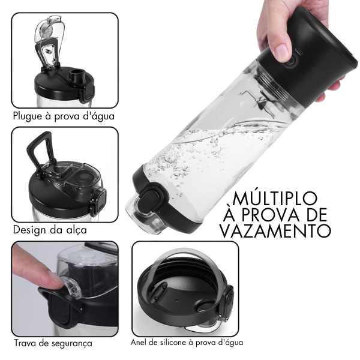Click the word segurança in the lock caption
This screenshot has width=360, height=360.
[x=71, y=344]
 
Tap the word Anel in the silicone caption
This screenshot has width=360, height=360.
[x=138, y=343]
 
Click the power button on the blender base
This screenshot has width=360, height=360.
[x=290, y=62]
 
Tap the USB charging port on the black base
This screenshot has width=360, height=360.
[x=299, y=51]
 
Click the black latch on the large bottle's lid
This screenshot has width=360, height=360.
[x=150, y=196]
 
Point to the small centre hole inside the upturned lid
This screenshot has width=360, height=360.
[x=176, y=300]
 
